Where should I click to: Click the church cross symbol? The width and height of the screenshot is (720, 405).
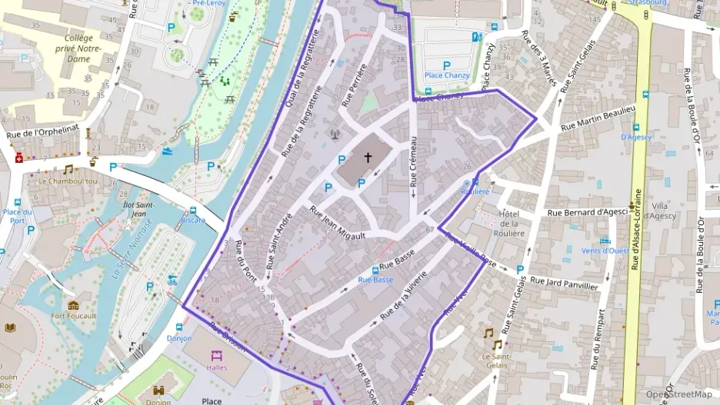368,158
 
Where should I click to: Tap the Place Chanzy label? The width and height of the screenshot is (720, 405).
447,75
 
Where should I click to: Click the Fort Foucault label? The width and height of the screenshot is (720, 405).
74,315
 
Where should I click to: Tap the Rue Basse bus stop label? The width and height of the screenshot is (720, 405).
375,280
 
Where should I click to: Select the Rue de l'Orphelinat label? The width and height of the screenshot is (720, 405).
42,132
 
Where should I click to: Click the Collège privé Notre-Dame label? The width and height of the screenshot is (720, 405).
78,48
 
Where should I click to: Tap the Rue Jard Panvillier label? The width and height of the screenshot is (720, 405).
564,282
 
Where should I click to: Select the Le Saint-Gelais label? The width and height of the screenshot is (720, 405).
496,361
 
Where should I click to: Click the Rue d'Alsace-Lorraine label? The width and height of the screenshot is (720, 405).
636,231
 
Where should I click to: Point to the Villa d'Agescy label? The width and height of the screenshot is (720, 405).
659,211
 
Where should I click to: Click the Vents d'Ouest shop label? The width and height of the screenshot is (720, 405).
605,251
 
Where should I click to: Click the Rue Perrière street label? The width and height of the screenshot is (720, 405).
354,86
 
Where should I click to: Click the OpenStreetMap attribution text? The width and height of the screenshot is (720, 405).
679,394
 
